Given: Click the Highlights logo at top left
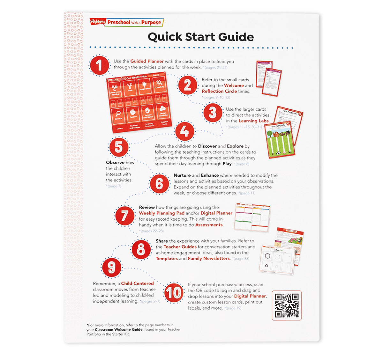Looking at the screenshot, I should tap(97, 22).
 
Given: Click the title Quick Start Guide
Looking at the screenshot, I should tap(200, 37).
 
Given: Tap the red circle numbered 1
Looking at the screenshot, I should tap(99, 66).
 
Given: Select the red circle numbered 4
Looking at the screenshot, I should tap(184, 131).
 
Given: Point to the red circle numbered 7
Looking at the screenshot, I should tap(124, 216).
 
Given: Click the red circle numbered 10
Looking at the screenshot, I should tap(174, 292).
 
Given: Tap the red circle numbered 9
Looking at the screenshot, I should tap(111, 268).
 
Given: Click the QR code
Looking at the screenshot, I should tap(287, 305).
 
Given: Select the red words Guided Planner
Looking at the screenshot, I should tap(147, 61).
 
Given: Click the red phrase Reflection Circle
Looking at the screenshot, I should tap(219, 91).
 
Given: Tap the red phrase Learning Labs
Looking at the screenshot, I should tap(254, 121).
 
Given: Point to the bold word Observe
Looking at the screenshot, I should tap(115, 163).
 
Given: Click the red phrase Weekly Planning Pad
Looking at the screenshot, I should tap(161, 213).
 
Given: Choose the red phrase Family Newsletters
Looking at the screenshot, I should tap(209, 259).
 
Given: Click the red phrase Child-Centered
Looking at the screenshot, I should tap(137, 283).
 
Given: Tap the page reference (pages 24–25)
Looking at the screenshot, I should tap(215, 68).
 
